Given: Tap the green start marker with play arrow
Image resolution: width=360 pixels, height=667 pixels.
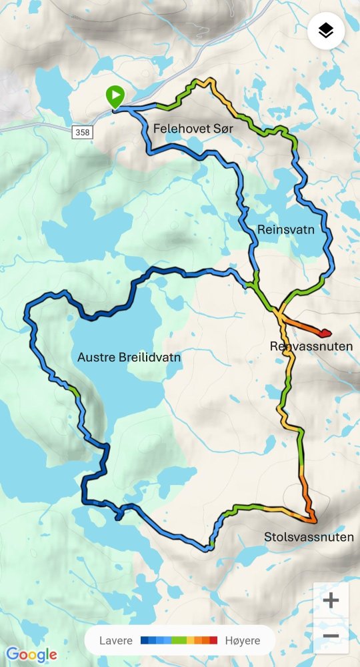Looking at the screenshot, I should [116, 97].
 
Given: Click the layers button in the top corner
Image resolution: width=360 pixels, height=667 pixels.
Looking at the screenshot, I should [326, 31].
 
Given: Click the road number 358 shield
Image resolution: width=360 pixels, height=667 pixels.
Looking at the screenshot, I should [82, 132].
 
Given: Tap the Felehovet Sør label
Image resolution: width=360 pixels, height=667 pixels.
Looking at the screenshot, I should [193, 128].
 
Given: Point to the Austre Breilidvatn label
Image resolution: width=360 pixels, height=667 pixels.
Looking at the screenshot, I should [129, 358].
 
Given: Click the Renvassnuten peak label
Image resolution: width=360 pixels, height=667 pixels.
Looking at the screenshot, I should [311, 346].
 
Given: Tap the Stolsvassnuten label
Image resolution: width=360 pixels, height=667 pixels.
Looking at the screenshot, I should [309, 536].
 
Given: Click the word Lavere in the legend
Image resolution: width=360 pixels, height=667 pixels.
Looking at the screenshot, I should [116, 641].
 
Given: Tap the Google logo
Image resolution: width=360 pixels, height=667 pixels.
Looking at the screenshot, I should [31, 654].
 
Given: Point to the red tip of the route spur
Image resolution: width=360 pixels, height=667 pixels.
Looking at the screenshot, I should [327, 332].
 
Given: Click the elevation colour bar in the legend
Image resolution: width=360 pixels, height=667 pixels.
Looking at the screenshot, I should [179, 641].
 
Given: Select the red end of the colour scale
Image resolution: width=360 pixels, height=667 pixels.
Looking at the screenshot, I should [213, 641].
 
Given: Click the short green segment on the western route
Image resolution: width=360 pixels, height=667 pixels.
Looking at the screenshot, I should [74, 390].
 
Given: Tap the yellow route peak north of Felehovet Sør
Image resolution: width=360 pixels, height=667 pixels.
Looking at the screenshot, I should [203, 83].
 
